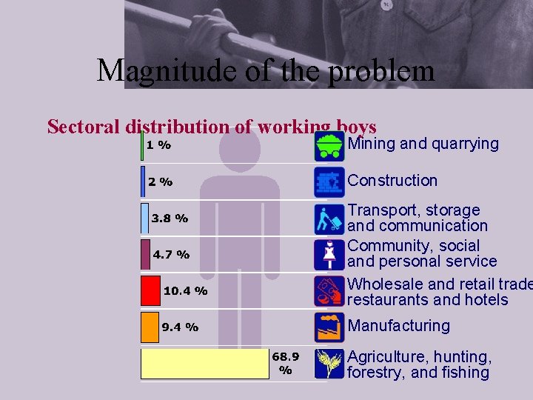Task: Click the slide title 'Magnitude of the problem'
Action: click(x=265, y=71)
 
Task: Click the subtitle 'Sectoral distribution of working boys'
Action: click(x=212, y=127)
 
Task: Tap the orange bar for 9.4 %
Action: click(x=150, y=327)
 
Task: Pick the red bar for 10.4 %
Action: click(x=151, y=290)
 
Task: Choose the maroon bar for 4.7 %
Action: click(x=145, y=254)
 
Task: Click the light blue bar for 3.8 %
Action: click(x=144, y=218)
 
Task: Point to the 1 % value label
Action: click(x=158, y=145)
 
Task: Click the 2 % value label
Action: click(x=160, y=181)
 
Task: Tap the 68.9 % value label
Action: click(x=285, y=363)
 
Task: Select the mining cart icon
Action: click(x=329, y=146)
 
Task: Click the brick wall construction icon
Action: click(x=329, y=181)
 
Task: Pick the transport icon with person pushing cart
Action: click(x=329, y=219)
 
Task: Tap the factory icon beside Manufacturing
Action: click(x=329, y=327)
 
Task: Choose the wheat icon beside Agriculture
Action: click(x=329, y=364)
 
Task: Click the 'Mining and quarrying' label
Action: click(x=423, y=144)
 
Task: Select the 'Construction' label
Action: click(x=392, y=180)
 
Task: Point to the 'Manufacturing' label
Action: click(x=398, y=325)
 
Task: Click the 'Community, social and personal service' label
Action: click(x=422, y=253)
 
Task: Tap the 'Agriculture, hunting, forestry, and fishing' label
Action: click(x=419, y=364)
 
